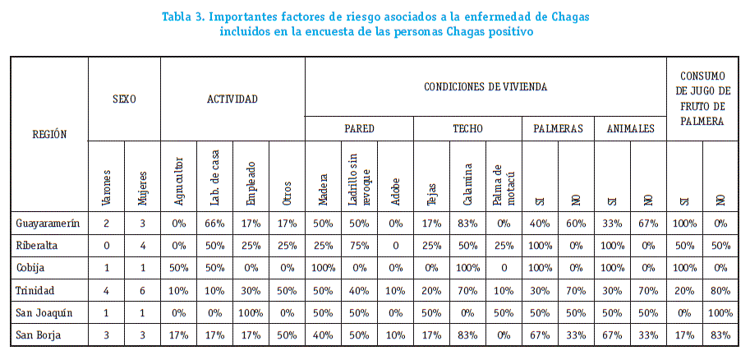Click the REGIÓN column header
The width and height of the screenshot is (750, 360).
click(x=49, y=134)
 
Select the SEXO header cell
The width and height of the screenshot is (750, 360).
click(x=124, y=99)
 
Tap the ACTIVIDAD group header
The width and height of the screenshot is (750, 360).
click(x=232, y=99)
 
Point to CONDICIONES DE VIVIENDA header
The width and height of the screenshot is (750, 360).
click(x=485, y=86)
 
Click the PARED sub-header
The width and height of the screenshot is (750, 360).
click(x=359, y=128)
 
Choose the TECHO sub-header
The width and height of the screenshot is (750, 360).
click(x=467, y=128)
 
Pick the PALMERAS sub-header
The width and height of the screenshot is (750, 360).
click(x=558, y=128)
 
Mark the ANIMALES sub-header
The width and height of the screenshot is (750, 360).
click(x=630, y=128)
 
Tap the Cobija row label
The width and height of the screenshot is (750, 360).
click(x=30, y=268)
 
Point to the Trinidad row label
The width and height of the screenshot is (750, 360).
click(x=35, y=290)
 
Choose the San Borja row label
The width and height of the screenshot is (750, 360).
click(x=38, y=335)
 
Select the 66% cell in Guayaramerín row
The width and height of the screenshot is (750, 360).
click(x=214, y=224)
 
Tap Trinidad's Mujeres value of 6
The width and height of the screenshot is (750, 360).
click(x=142, y=290)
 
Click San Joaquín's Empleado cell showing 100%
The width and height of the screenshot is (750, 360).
click(x=251, y=312)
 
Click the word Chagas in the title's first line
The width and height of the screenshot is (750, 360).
click(x=572, y=16)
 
